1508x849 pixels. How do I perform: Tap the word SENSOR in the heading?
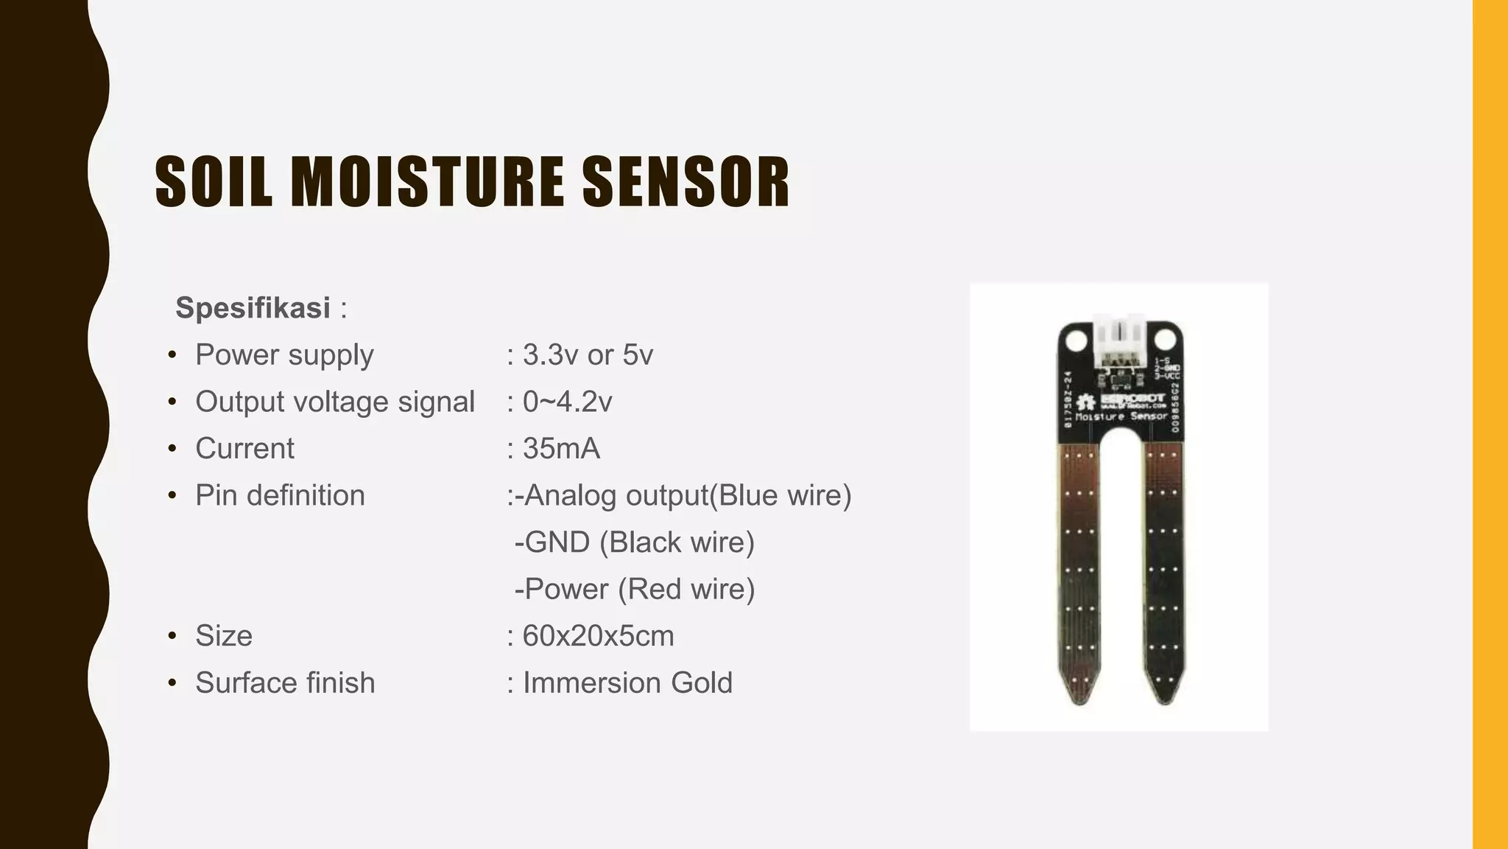pyautogui.click(x=686, y=181)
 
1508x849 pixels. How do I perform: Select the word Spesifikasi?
pyautogui.click(x=253, y=308)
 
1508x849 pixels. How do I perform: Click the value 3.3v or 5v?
pyautogui.click(x=588, y=355)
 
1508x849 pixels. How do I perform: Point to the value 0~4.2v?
pyautogui.click(x=567, y=402)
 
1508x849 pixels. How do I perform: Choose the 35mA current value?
pyautogui.click(x=561, y=449)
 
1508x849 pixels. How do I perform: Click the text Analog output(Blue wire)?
pyautogui.click(x=686, y=495)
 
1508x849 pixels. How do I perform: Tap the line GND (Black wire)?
pyautogui.click(x=638, y=542)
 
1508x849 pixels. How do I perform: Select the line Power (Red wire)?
pyautogui.click(x=638, y=590)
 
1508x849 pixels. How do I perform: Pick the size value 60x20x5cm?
pyautogui.click(x=598, y=636)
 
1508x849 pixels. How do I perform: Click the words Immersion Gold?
pyautogui.click(x=627, y=683)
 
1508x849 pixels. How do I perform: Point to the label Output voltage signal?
pyautogui.click(x=335, y=402)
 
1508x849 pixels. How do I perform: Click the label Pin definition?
pyautogui.click(x=280, y=495)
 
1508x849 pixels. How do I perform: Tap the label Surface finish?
pyautogui.click(x=285, y=683)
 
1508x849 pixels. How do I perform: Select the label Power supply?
pyautogui.click(x=284, y=355)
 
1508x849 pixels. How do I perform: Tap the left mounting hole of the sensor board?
pyautogui.click(x=1076, y=340)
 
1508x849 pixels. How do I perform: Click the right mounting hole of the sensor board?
pyautogui.click(x=1164, y=340)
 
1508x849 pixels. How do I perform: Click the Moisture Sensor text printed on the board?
pyautogui.click(x=1121, y=417)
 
